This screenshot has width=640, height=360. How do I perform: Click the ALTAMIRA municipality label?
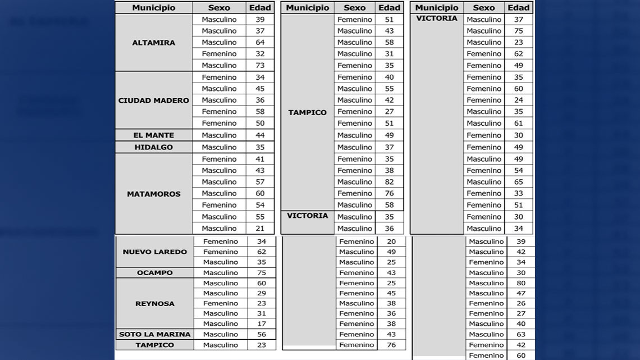click(153, 43)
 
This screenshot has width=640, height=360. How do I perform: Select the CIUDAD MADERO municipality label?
click(153, 101)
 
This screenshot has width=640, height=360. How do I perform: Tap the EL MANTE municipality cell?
click(153, 135)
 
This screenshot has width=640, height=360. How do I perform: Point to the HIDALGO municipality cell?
click(153, 147)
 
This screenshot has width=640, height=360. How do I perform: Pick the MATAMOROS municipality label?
click(153, 194)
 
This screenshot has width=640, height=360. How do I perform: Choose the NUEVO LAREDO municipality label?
click(154, 252)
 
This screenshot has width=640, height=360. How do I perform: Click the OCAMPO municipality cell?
click(154, 273)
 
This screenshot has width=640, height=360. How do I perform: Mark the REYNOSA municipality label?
click(154, 303)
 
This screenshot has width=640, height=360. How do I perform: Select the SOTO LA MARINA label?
click(154, 334)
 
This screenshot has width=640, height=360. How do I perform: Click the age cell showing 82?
click(389, 182)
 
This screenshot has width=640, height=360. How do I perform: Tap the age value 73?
click(260, 66)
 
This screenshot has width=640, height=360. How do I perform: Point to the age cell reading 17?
click(262, 324)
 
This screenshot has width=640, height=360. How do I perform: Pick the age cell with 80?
click(520, 283)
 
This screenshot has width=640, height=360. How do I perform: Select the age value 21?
click(260, 229)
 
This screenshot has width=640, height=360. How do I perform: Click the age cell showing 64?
click(260, 42)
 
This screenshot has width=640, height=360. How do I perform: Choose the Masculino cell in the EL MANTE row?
click(219, 135)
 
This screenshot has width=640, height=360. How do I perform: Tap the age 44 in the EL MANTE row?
click(260, 135)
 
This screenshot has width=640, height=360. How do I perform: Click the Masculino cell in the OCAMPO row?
click(221, 273)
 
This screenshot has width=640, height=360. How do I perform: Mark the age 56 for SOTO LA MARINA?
click(262, 334)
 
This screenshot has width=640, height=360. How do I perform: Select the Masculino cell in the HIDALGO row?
click(219, 147)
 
